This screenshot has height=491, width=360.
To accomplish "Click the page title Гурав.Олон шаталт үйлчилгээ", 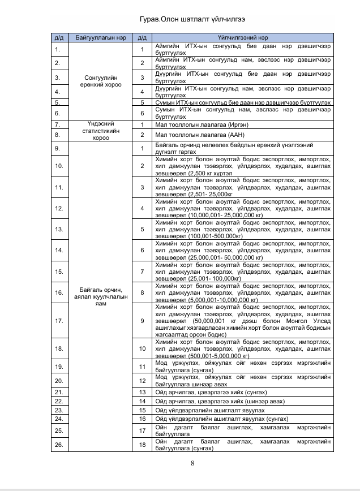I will (x=180, y=20).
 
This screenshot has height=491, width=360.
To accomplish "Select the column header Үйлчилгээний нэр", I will (x=243, y=38).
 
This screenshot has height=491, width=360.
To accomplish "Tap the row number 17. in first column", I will (x=58, y=321).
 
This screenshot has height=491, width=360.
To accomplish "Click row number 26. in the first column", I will (x=58, y=445).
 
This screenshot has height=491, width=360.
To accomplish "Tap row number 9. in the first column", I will (x=58, y=148).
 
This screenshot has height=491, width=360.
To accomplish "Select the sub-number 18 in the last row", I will (x=142, y=445).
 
